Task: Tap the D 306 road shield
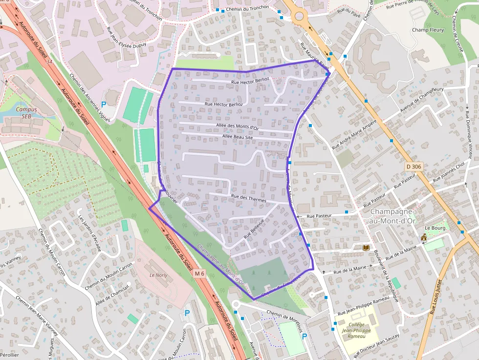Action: [414, 167]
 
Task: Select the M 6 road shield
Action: [199, 274]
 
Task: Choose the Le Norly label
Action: [158, 275]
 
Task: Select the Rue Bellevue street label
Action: [254, 228]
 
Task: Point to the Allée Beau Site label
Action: [237, 137]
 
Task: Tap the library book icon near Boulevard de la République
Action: [366, 248]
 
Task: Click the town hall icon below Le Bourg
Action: [423, 237]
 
